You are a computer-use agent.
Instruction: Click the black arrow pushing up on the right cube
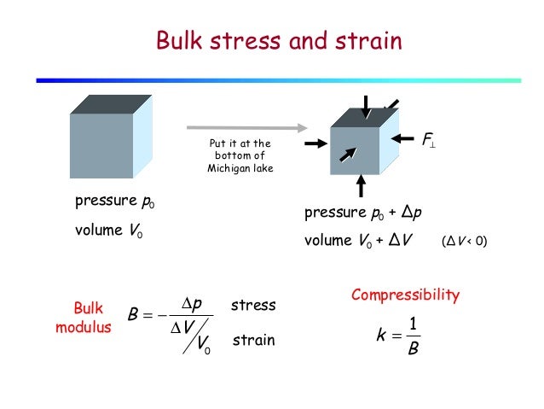(x=362, y=184)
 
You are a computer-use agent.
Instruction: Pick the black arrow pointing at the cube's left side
(x=316, y=143)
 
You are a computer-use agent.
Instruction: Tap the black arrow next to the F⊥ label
(x=402, y=137)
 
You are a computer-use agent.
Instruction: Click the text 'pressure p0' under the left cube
(x=120, y=202)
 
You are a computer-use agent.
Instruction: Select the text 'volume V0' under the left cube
(x=108, y=231)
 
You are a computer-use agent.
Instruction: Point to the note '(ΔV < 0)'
(x=464, y=242)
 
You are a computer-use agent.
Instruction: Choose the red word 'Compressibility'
(x=405, y=295)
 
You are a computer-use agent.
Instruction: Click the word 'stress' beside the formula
(x=253, y=304)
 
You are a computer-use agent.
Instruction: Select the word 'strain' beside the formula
(x=252, y=340)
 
